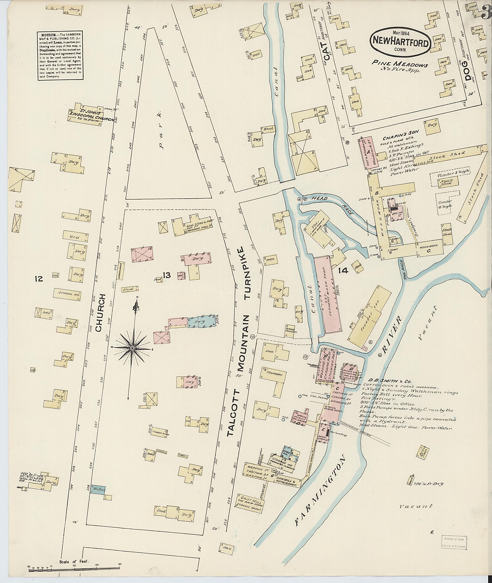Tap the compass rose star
coord(132,348)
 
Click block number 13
coord(167,276)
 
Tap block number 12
coord(39,278)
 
